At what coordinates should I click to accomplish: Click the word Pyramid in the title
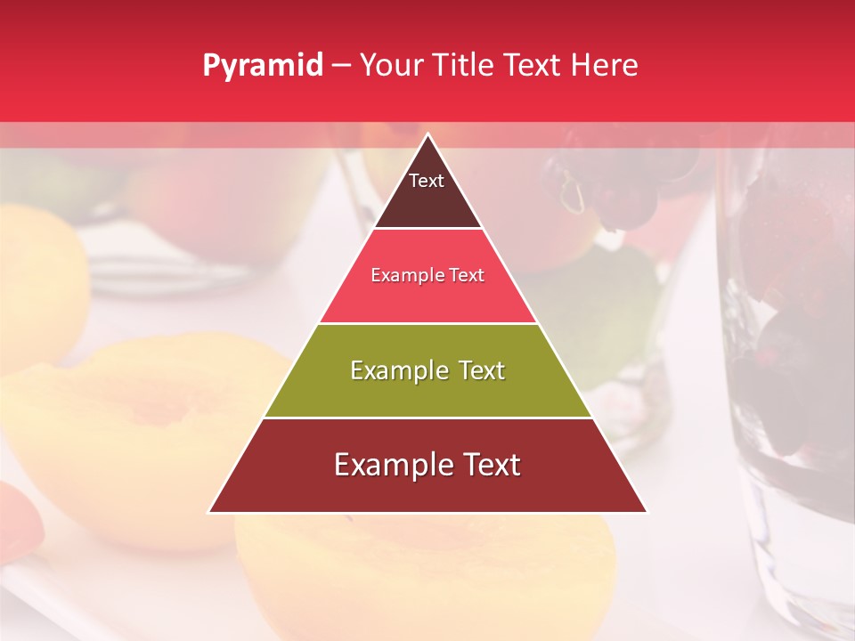pos(262,66)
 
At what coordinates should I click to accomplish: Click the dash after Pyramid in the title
pos(341,66)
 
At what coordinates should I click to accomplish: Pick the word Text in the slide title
pos(536,66)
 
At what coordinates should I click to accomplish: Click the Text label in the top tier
pos(427,181)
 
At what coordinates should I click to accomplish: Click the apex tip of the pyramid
pos(427,134)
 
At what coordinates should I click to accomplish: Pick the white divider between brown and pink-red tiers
pos(427,229)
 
